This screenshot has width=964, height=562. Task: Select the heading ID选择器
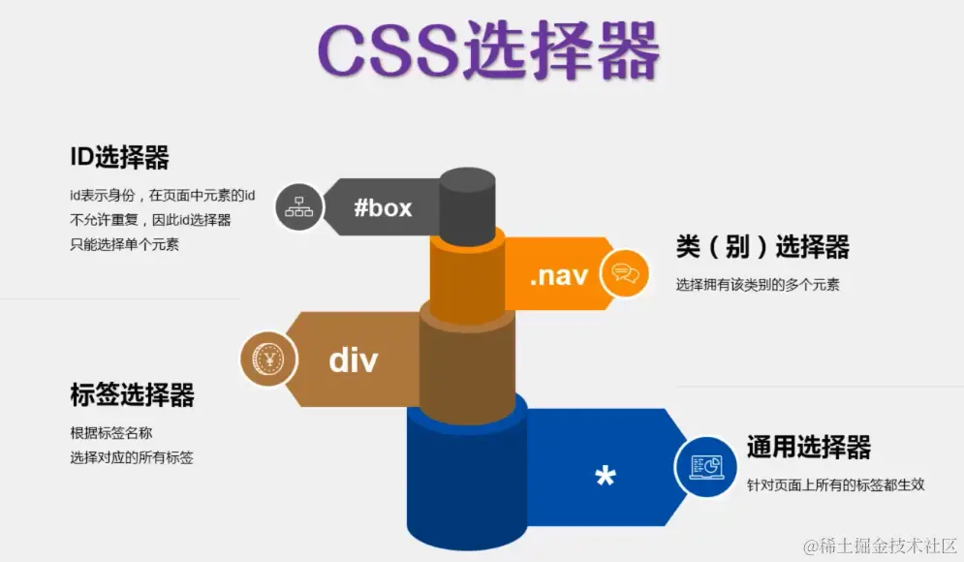[119, 156]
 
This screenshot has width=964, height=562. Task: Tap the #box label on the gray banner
[383, 207]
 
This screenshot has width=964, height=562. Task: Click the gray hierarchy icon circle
[298, 207]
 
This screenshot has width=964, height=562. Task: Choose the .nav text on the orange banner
[558, 275]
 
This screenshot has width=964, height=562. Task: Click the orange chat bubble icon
[624, 274]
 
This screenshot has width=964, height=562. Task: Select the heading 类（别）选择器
[762, 247]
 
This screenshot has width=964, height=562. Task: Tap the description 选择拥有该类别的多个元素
[758, 285]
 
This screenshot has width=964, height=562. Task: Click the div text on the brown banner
[353, 359]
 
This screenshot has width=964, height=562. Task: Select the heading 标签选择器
[132, 395]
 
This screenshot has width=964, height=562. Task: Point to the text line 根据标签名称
[111, 432]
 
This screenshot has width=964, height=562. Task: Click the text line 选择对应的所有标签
[132, 457]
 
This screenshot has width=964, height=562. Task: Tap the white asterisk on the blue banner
[606, 477]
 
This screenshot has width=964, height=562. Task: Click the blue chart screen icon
[705, 467]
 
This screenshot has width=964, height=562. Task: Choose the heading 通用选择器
[809, 447]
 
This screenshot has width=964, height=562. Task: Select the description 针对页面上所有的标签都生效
[835, 484]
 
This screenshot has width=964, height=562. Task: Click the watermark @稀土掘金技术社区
[875, 546]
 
